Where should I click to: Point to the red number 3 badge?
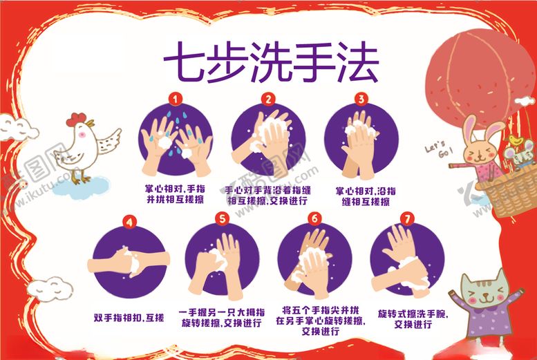point(361,100)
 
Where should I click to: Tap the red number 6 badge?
point(315,219)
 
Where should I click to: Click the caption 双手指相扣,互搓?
point(129,319)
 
